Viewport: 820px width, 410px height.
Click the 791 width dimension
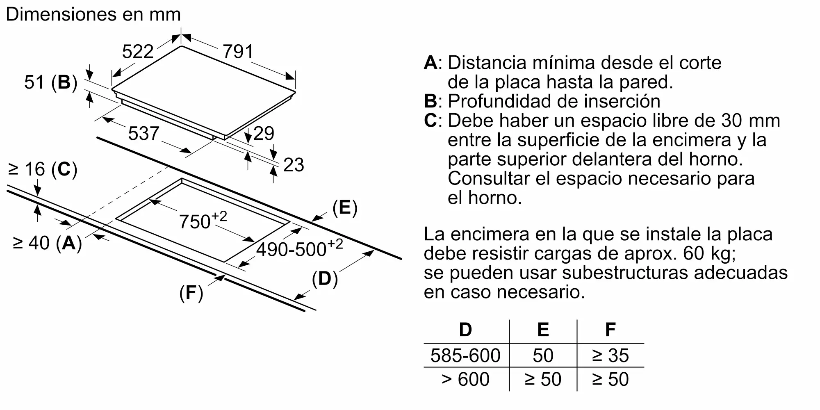(238, 52)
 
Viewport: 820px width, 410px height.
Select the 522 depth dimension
(138, 52)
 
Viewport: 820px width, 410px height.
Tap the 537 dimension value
(143, 134)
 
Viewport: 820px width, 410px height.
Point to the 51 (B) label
(51, 82)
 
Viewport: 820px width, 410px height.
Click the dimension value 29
(264, 133)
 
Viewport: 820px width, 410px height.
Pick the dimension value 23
(294, 165)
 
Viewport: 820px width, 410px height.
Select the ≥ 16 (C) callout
(43, 169)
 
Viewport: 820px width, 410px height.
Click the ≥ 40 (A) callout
(47, 243)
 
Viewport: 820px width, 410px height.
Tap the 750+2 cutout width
(203, 220)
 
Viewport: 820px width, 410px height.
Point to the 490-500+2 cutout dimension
(300, 248)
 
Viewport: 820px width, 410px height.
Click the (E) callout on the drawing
(345, 208)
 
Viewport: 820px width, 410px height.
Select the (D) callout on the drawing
(325, 279)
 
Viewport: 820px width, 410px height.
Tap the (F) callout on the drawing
(191, 293)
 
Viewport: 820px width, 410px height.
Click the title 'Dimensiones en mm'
(93, 14)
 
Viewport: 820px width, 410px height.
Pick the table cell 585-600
(465, 355)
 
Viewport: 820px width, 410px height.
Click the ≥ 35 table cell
(610, 355)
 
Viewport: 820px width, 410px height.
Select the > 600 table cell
(465, 379)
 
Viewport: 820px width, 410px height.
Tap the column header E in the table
(543, 330)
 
